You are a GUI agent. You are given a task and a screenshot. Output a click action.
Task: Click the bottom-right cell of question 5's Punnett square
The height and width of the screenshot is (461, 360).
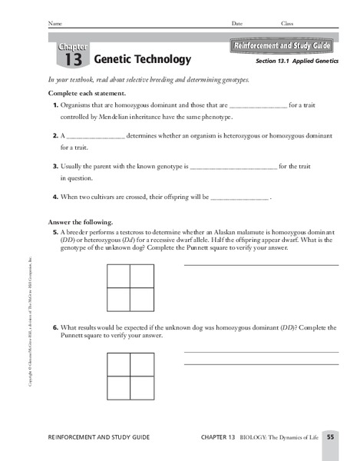pyautogui.click(x=142, y=298)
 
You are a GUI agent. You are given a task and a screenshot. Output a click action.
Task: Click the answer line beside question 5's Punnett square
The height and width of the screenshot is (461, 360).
pyautogui.click(x=261, y=264)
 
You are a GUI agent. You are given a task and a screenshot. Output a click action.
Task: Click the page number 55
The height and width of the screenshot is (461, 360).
pyautogui.click(x=329, y=437)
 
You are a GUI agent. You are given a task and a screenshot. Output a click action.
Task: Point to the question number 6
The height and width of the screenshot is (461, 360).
pyautogui.click(x=56, y=327)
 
